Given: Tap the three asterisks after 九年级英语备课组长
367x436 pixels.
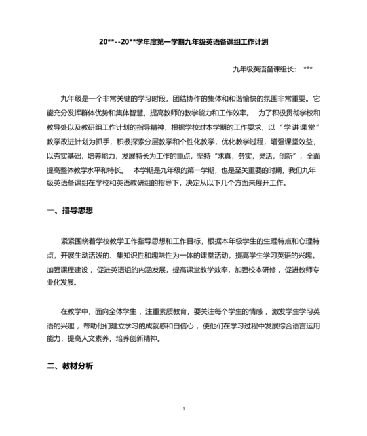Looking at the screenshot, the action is [308, 68].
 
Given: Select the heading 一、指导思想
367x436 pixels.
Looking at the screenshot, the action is [69, 210].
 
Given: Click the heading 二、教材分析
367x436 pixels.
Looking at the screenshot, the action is [69, 365].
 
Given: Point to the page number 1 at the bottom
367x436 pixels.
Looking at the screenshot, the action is [184, 409].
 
